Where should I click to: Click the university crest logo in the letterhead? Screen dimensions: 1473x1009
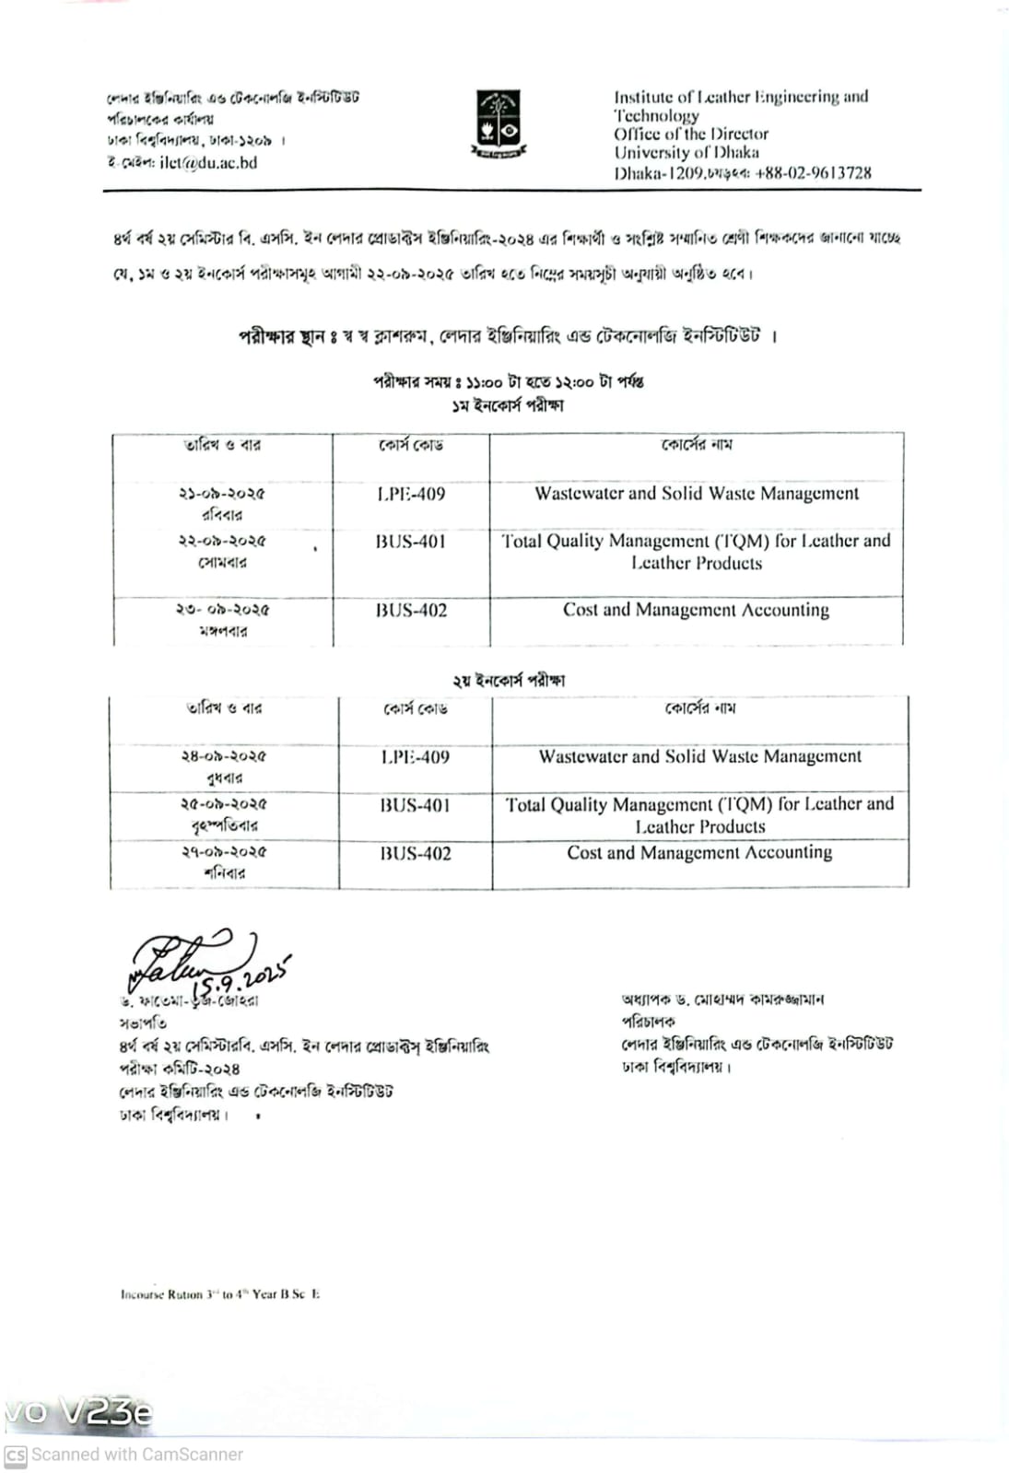pos(498,123)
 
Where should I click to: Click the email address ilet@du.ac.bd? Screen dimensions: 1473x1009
pos(208,163)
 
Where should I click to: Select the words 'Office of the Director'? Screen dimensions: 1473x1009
pos(691,134)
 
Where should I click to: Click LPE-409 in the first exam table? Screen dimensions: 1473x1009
pos(411,494)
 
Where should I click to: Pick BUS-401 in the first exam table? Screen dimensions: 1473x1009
pos(411,542)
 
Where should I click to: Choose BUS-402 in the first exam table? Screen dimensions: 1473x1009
pos(411,610)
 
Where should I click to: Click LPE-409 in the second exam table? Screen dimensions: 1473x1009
pos(416,757)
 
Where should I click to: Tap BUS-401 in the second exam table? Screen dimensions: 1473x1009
pos(416,805)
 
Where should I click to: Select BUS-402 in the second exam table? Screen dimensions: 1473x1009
pos(416,853)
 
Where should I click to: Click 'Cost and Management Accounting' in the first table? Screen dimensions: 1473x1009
pos(696,610)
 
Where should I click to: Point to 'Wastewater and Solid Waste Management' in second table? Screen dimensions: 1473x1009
pos(700,757)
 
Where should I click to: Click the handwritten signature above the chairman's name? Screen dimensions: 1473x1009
pos(184,958)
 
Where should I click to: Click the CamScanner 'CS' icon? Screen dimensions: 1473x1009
pos(16,1455)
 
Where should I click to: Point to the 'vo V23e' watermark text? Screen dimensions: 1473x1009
pos(78,1411)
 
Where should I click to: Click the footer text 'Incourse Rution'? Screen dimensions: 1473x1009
pos(161,1294)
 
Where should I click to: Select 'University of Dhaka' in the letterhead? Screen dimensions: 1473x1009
pos(686,153)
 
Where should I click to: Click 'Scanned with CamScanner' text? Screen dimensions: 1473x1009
pos(137,1455)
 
